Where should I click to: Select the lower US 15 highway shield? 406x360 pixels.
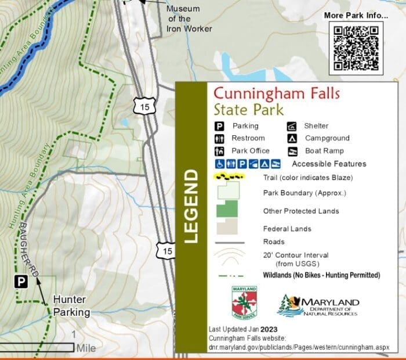coord(166,251)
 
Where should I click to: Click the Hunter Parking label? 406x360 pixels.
coord(71,305)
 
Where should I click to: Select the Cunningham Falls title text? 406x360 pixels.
coord(276,93)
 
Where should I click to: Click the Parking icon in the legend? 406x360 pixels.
coord(220,126)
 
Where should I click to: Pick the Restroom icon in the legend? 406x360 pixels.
coord(220,139)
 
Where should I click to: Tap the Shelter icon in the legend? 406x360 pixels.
coord(292,126)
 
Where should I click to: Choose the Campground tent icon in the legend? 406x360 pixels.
coord(292,139)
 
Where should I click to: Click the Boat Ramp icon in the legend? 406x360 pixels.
coord(292,151)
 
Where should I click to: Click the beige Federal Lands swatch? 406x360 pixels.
coord(227,226)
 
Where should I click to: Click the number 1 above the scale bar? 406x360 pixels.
coord(74,334)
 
